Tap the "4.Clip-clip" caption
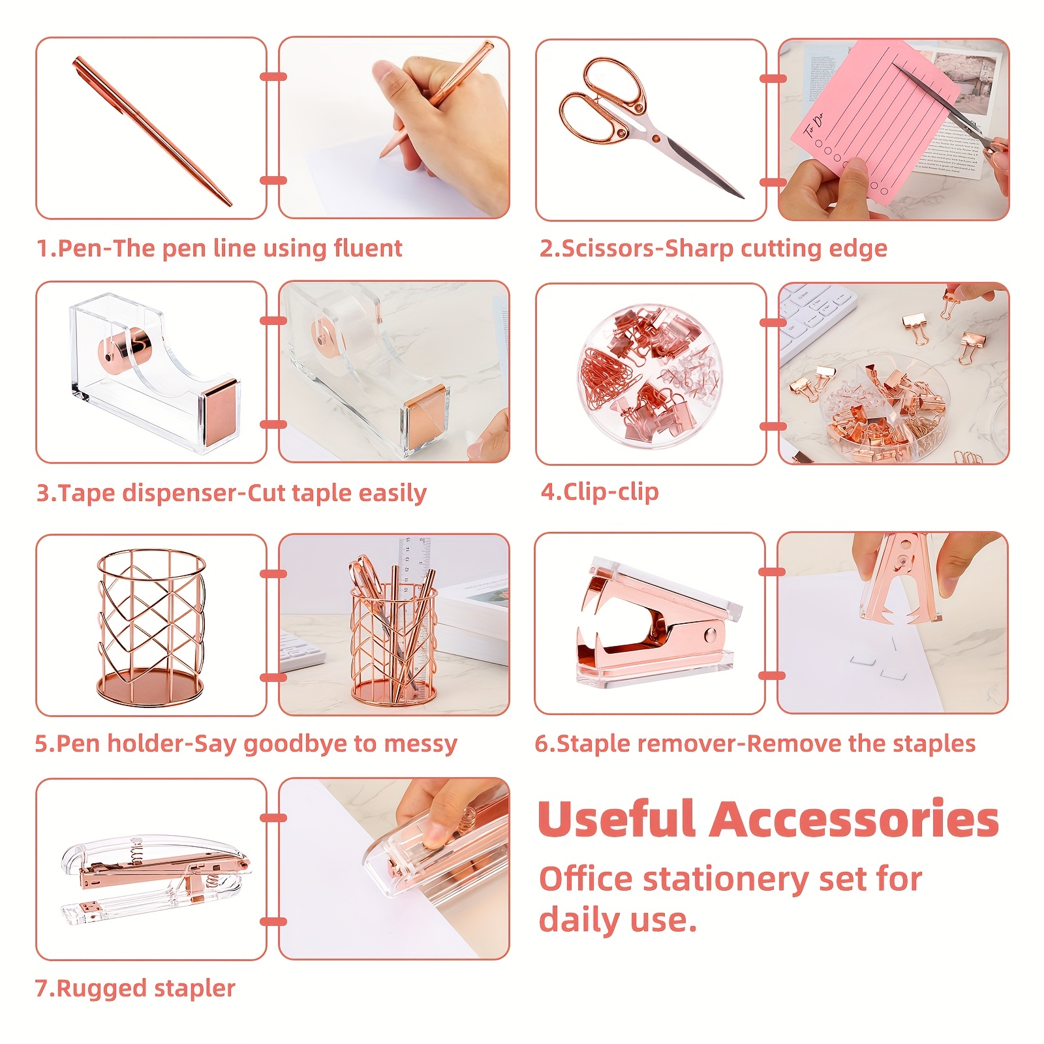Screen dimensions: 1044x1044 [600, 492]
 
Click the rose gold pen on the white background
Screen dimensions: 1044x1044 [152, 131]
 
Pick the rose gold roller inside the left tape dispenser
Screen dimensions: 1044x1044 [125, 350]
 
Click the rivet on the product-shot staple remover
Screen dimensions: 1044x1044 [711, 635]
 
